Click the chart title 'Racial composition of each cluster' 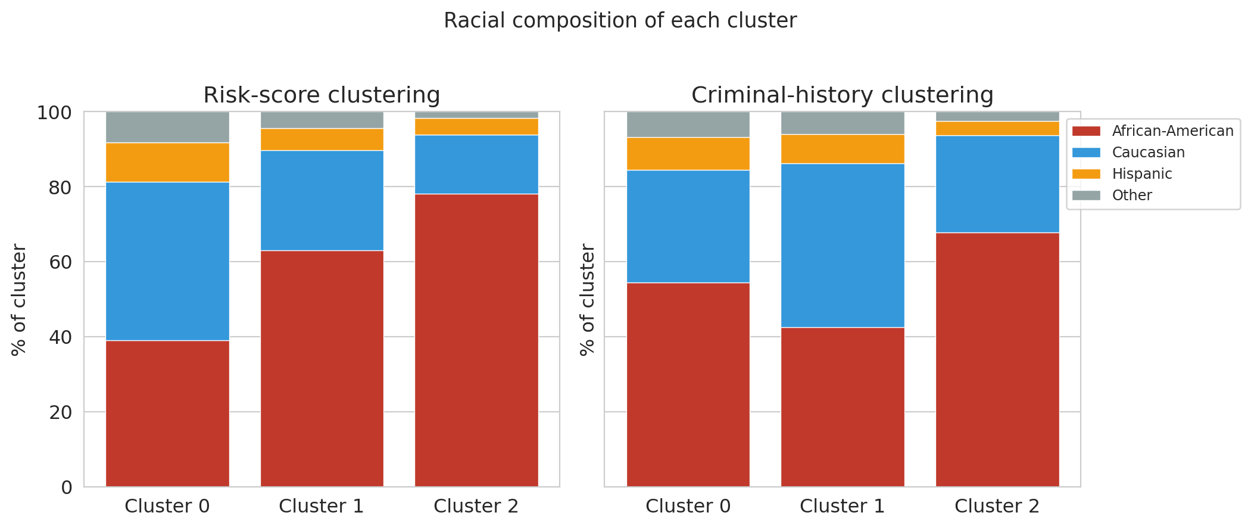click(620, 21)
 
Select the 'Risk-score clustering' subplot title click(322, 95)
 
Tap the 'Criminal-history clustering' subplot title click(842, 95)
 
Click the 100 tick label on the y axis click(55, 113)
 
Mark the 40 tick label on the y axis click(61, 337)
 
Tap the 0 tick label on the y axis click(67, 487)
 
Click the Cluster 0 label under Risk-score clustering click(167, 506)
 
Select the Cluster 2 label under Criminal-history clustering click(997, 506)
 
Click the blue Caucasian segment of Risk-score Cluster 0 click(167, 261)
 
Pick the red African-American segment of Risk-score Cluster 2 click(476, 340)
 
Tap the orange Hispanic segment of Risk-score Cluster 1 click(322, 139)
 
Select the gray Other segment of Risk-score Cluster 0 click(167, 127)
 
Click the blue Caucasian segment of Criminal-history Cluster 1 click(843, 246)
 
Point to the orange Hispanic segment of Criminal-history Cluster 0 click(688, 154)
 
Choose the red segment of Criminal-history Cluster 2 click(997, 360)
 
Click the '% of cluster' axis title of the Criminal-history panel click(587, 300)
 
